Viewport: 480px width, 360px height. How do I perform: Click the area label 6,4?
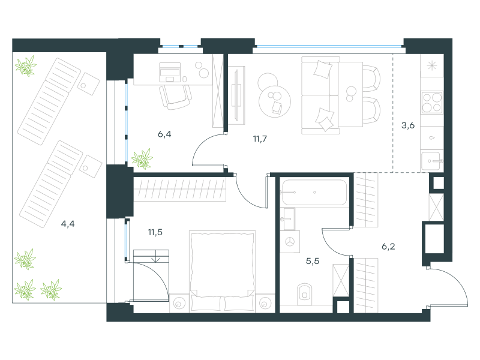164,134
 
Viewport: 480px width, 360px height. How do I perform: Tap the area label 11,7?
260,139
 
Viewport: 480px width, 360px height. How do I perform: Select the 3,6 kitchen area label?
408,125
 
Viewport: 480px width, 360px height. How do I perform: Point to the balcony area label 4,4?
68,224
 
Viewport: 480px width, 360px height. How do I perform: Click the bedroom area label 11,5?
155,232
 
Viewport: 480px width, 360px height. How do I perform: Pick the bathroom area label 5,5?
313,261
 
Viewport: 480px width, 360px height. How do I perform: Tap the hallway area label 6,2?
388,247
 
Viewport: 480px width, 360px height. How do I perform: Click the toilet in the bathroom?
304,294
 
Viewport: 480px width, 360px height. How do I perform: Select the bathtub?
314,192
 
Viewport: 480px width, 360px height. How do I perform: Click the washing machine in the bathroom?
290,242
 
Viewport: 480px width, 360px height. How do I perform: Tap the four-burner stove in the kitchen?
432,102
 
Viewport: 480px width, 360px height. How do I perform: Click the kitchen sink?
432,161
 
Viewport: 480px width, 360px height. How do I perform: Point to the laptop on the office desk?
169,72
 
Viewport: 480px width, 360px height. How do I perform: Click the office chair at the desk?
175,97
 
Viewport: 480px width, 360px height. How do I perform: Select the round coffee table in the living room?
275,101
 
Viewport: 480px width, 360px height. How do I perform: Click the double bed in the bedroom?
222,272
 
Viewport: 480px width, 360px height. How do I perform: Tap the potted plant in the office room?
142,159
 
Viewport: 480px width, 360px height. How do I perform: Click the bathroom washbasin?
288,218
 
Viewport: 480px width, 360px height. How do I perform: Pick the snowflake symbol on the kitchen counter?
432,65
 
